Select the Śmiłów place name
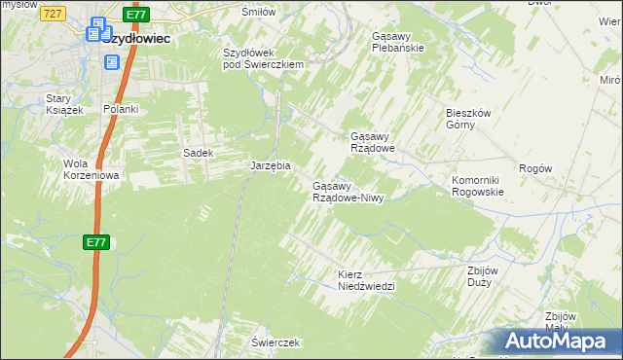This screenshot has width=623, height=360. [x=259, y=11]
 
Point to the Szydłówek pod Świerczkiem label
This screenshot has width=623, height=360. [x=264, y=58]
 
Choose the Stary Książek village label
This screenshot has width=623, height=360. [x=65, y=104]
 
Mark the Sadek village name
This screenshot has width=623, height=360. [x=198, y=153]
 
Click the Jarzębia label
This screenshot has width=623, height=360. [x=271, y=165]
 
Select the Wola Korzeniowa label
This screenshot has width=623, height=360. [x=90, y=169]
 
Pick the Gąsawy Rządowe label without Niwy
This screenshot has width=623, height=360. [x=372, y=142]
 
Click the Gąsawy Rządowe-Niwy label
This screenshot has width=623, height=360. [x=348, y=192]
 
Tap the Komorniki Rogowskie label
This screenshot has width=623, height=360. [x=477, y=186]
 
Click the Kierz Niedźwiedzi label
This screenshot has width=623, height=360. [x=365, y=280]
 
